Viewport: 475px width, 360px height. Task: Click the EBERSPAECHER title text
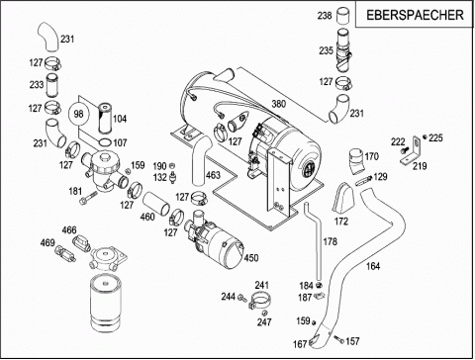pos(415,15)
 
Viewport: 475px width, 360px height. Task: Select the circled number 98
pos(78,114)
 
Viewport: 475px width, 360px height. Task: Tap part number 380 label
pos(279,104)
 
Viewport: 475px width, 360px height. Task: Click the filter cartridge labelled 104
pos(105,119)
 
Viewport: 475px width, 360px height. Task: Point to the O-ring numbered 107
pos(105,142)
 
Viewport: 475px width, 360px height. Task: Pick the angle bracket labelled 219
pos(412,152)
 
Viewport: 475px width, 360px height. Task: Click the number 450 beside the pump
pos(251,258)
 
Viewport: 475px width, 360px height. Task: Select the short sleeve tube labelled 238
pos(343,16)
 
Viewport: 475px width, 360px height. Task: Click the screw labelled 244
pos(242,298)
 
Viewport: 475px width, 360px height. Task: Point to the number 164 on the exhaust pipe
pos(373,266)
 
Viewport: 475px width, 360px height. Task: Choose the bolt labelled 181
pos(88,198)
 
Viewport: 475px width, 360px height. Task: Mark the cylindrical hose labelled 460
pos(156,205)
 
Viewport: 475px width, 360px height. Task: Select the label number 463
pos(213,174)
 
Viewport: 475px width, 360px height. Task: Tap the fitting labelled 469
pos(64,253)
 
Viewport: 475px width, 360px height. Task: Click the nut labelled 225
pos(425,136)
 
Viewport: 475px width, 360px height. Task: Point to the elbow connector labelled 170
pos(356,162)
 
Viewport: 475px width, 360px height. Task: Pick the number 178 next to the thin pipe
pos(330,241)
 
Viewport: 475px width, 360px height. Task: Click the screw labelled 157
pos(338,339)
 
